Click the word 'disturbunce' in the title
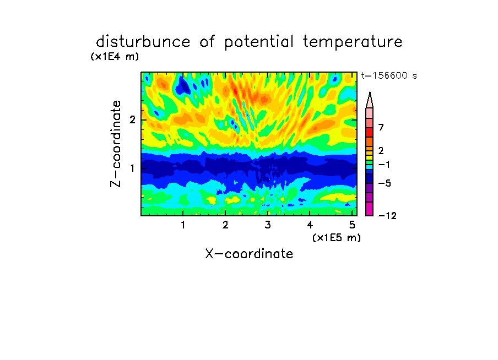coord(143,42)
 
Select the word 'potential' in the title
coord(258,42)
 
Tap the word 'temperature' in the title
coord(353,42)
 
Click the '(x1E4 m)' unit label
coord(115,57)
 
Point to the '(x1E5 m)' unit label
coord(337,237)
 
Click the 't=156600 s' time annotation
coord(389,75)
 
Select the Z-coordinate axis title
coord(115,144)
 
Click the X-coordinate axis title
coord(249,254)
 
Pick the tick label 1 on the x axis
coord(183,225)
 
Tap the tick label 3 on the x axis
coord(268,225)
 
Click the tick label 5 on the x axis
coord(352,225)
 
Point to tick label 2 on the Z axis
coord(132,119)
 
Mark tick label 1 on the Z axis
coord(132,168)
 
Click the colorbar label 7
coord(381,127)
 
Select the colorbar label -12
coord(387,216)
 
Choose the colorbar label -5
coord(385,183)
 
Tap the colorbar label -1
coord(384,165)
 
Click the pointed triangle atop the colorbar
coord(370,100)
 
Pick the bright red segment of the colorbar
coord(370,132)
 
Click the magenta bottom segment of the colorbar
coord(370,209)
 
